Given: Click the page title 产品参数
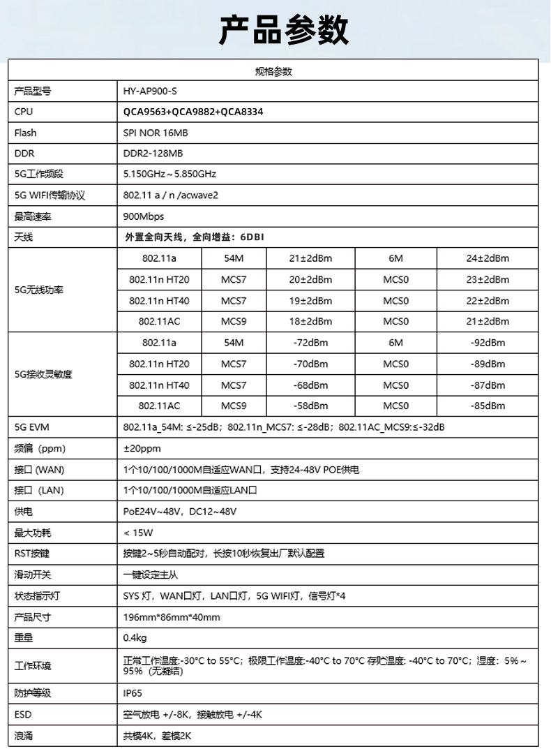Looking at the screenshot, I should pos(283,31).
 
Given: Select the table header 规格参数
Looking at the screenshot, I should pos(273,71).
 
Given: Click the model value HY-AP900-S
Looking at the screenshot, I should pos(146,91).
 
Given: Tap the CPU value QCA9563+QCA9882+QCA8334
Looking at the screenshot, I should pos(193,112).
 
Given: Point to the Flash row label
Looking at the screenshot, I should pos(26,133).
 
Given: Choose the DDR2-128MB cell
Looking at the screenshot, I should pos(153,154).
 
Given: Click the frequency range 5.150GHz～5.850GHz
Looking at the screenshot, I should pos(169,174).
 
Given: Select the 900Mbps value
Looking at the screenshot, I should pos(144,216).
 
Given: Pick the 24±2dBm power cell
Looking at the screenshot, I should pos(488,258).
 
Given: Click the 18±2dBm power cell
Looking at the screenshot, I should pos(310,322).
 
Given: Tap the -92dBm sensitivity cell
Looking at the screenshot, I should pos(488,343).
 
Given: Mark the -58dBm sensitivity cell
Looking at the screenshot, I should pos(310,406).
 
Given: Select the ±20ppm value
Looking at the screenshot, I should pos(142,448).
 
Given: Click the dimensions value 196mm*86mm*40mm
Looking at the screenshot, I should pos(172,618).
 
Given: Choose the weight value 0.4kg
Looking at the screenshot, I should pos(135,638).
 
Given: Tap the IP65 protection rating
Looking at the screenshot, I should pos(133,694).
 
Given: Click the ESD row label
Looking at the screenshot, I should pos(23,715).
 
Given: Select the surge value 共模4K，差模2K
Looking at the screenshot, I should pos(157,736).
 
